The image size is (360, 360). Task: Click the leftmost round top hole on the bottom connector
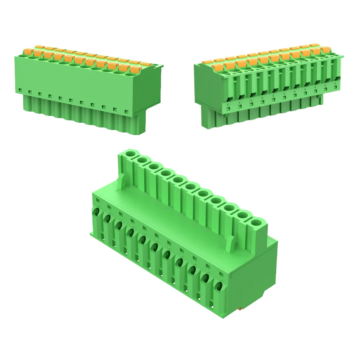tap(131, 155)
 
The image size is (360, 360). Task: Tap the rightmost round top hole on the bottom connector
tap(257, 222)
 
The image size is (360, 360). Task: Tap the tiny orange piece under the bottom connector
tap(240, 309)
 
